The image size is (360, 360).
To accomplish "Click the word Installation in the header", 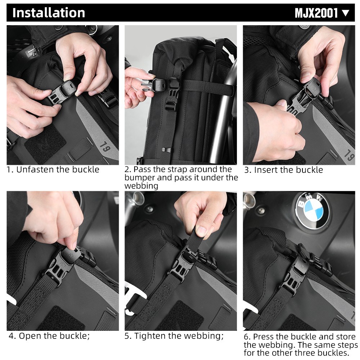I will pyautogui.click(x=49, y=13).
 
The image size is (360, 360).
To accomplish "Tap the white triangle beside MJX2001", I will pyautogui.click(x=346, y=13).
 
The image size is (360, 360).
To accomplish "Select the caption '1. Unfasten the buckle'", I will pyautogui.click(x=53, y=170).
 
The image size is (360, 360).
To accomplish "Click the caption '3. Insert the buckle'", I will pyautogui.click(x=283, y=170).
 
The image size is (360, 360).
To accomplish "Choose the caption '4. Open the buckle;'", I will pyautogui.click(x=49, y=336).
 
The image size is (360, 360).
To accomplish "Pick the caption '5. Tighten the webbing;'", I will pyautogui.click(x=174, y=336).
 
